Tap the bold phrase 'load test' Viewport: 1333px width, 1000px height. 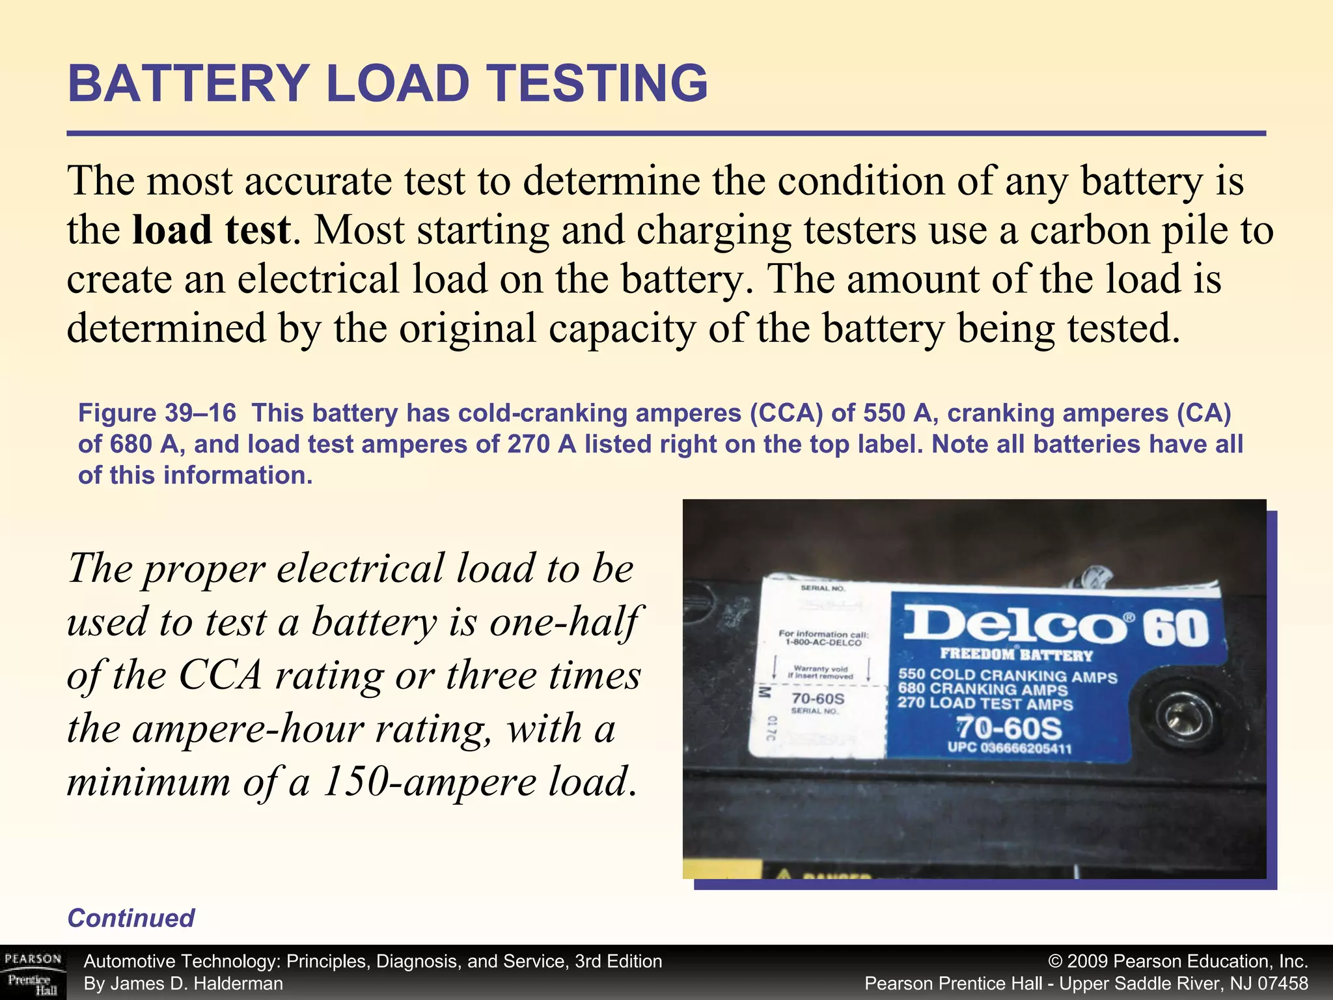[211, 230]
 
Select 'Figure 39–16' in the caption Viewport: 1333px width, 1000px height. [157, 413]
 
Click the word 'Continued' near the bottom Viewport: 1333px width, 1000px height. [131, 918]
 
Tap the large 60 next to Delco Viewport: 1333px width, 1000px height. [1176, 629]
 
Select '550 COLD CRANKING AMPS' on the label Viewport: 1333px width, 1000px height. [1007, 676]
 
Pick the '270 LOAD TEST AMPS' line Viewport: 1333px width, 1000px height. [985, 703]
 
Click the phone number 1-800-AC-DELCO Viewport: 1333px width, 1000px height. [823, 643]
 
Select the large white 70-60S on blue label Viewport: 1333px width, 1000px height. [1008, 728]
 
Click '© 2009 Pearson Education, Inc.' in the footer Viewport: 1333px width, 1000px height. [1178, 962]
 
